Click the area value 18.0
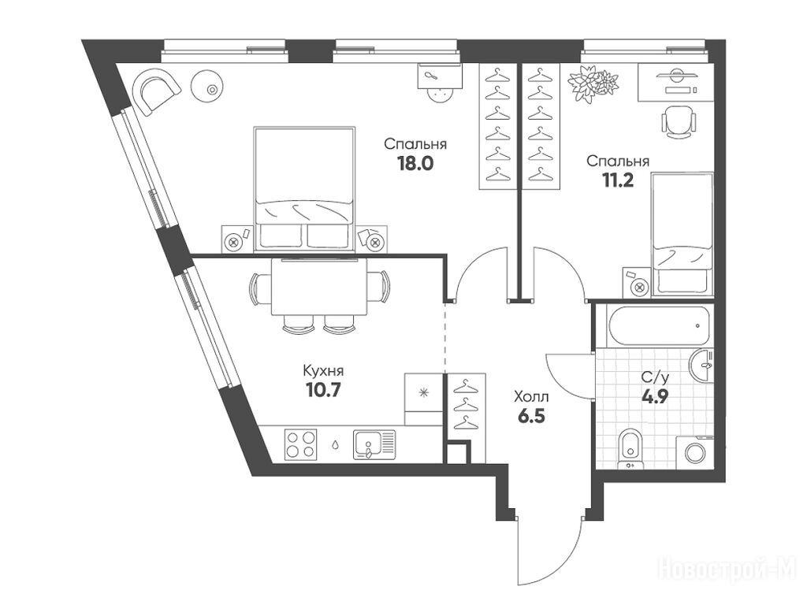[415, 164]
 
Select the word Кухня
[323, 370]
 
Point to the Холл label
[531, 397]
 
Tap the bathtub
[660, 325]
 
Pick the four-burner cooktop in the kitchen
[300, 444]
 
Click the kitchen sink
[374, 444]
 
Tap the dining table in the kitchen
[319, 287]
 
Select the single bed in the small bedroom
[682, 235]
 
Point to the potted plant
[593, 84]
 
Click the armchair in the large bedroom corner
[156, 91]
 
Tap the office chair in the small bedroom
[679, 121]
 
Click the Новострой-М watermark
[727, 569]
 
